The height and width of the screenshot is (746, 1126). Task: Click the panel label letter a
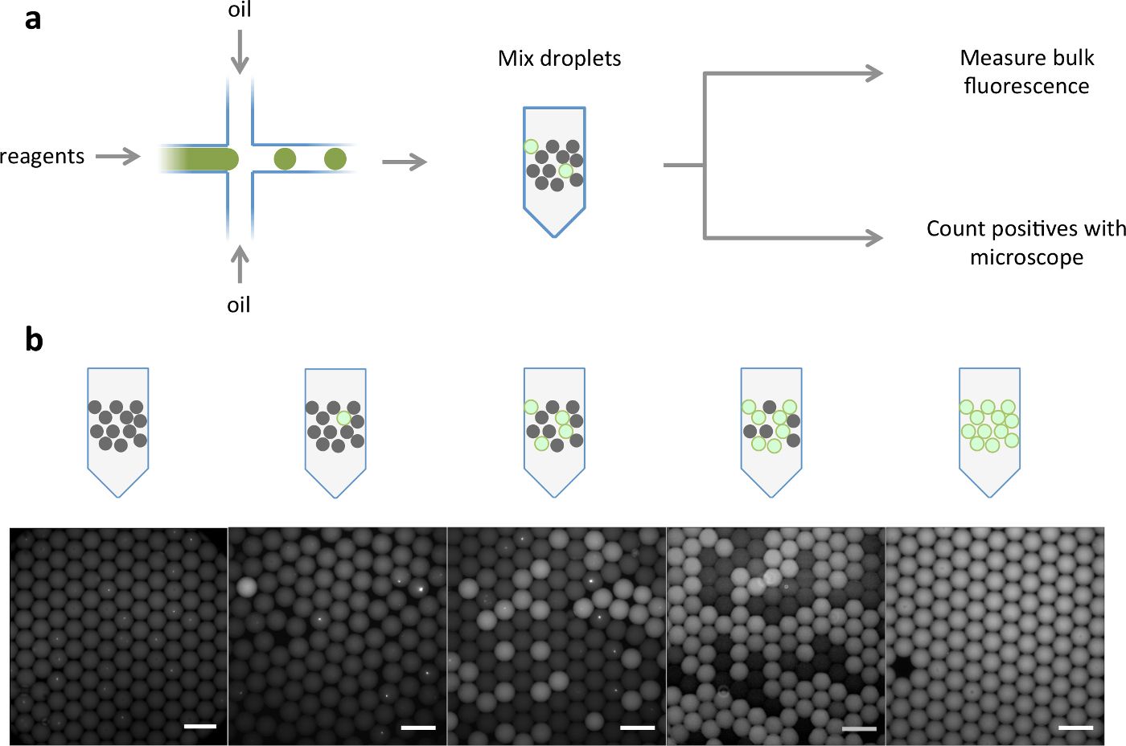tap(32, 18)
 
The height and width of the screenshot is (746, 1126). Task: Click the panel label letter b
tap(33, 339)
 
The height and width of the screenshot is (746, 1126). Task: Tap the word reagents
tap(42, 156)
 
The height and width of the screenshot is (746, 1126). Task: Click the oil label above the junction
tap(239, 10)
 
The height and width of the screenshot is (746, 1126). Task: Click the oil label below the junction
tap(239, 305)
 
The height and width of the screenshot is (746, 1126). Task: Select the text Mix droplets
tap(559, 59)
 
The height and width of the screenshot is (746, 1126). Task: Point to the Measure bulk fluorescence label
tap(1026, 72)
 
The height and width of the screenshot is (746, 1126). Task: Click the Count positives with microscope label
tap(1026, 243)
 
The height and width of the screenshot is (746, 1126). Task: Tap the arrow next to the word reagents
tap(118, 156)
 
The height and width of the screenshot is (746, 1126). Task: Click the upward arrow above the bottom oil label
tap(239, 264)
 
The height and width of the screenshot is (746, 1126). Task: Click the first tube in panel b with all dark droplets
tap(118, 431)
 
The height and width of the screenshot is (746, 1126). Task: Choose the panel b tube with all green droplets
tap(989, 431)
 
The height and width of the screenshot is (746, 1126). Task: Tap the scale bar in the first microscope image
tap(200, 727)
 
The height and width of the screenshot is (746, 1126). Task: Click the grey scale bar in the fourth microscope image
tap(859, 728)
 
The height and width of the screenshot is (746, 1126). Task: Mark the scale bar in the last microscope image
tap(1076, 728)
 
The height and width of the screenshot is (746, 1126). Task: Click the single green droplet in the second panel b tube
tap(344, 418)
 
